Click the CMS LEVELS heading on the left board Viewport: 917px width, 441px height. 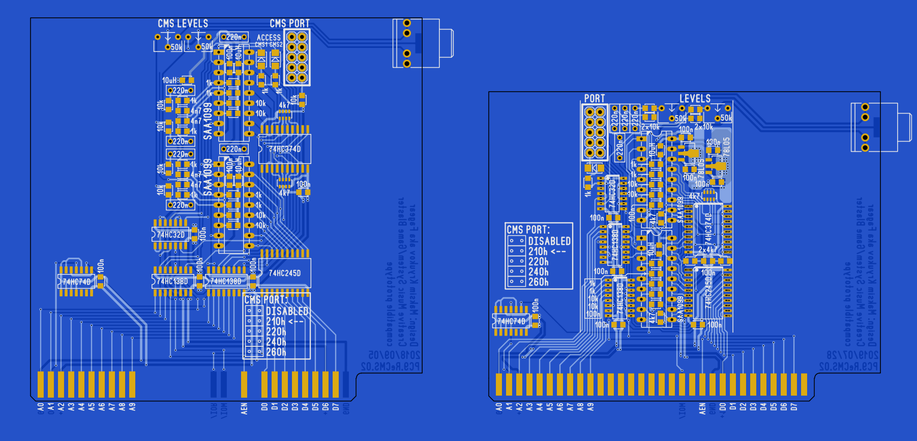coord(183,24)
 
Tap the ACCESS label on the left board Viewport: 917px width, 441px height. coord(269,38)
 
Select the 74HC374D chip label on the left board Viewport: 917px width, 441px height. coord(285,149)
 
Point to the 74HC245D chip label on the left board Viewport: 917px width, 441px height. coord(285,273)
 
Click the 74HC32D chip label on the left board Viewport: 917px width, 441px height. coord(171,235)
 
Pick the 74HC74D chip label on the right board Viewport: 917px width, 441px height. coord(511,321)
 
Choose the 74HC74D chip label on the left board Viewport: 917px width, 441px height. coord(76,282)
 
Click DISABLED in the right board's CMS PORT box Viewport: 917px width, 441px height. coord(549,241)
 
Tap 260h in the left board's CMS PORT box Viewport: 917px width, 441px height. coord(276,352)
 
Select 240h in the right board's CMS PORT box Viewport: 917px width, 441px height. coord(538,272)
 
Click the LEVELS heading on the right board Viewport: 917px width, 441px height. coord(695,99)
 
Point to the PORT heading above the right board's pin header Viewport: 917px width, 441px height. coord(595,99)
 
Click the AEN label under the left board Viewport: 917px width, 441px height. coord(244,408)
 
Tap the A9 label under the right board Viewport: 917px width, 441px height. coord(590,407)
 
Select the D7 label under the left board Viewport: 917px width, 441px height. coord(336,407)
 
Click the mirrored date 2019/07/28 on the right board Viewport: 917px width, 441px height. coord(852,355)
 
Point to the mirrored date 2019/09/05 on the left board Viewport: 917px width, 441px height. coord(394,355)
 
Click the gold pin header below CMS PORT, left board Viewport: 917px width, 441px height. coord(297,57)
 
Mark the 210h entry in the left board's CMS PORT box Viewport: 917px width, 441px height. coord(276,322)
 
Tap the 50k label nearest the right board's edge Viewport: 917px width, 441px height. coord(726,118)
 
